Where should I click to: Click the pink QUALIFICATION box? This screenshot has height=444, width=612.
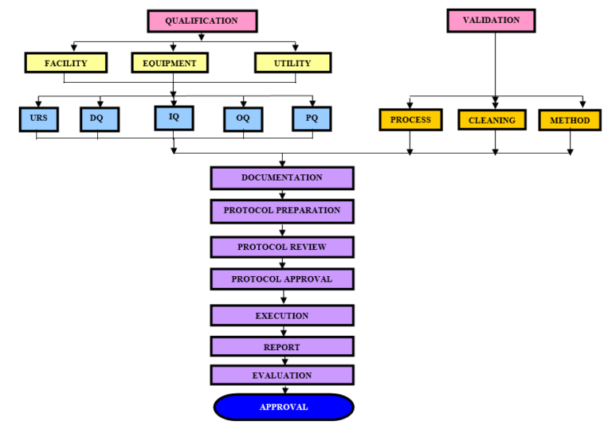coord(202,21)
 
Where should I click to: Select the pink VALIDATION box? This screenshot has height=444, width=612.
coord(490,21)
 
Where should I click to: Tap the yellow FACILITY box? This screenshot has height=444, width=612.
coord(65,63)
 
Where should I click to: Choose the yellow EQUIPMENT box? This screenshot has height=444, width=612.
coord(170,63)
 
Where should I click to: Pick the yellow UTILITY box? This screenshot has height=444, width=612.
coord(292,63)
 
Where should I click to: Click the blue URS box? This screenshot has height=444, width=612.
coord(37,119)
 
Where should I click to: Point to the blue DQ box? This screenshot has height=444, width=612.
coord(98,119)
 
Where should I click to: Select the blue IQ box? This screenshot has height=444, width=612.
coord(173,117)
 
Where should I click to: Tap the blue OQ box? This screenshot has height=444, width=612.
coord(242,119)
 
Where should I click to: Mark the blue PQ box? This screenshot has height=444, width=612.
coord(311,118)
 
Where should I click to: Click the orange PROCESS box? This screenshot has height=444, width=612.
coord(410,120)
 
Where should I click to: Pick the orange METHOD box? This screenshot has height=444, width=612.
coord(569,120)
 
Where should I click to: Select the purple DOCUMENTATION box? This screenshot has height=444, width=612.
coord(282,178)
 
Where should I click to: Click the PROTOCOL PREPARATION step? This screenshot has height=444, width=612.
coord(282,211)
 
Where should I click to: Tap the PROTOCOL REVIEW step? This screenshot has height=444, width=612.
coord(282,247)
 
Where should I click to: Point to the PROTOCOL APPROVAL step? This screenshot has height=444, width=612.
coord(282,279)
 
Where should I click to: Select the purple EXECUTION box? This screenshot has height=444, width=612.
coord(282,316)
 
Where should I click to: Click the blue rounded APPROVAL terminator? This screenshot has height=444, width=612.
coord(283,407)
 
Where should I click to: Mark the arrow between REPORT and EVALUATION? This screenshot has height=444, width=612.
coord(284,360)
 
